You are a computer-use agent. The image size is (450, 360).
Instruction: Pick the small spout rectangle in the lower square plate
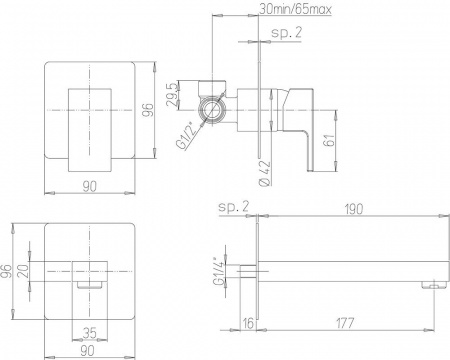pos(88,274)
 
